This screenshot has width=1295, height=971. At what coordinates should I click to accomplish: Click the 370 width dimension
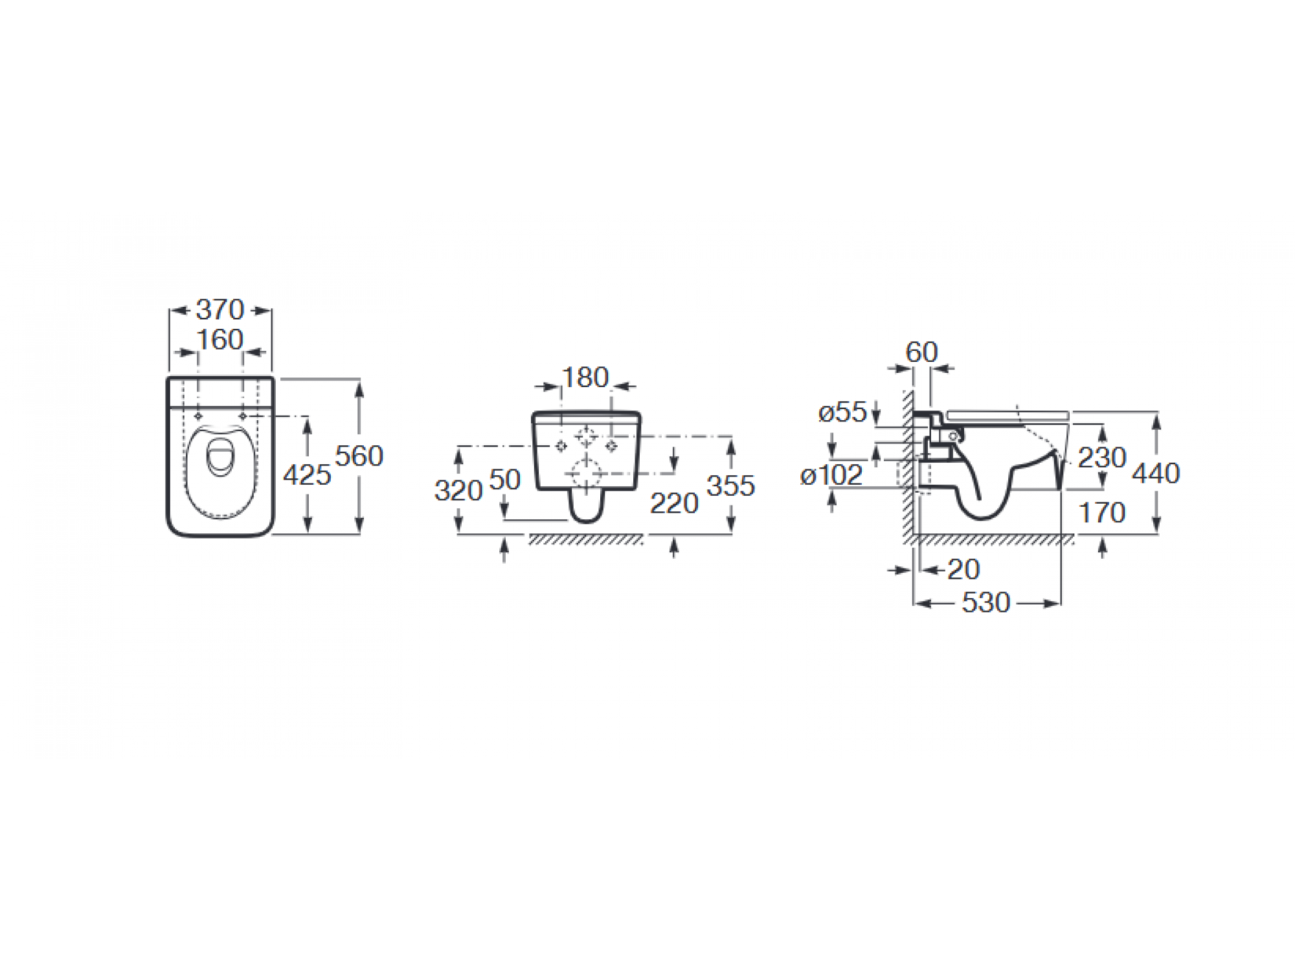pyautogui.click(x=220, y=309)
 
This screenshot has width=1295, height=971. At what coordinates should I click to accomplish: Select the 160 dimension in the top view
pyautogui.click(x=220, y=340)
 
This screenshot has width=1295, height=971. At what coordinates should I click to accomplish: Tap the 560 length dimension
pyautogui.click(x=359, y=456)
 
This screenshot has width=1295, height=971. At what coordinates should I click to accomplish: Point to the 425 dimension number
pyautogui.click(x=307, y=476)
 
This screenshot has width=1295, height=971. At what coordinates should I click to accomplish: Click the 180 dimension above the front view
pyautogui.click(x=585, y=377)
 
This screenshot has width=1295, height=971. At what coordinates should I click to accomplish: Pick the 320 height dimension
pyautogui.click(x=458, y=491)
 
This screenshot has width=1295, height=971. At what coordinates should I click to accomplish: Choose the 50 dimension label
pyautogui.click(x=505, y=480)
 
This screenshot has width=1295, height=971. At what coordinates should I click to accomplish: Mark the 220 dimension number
pyautogui.click(x=674, y=504)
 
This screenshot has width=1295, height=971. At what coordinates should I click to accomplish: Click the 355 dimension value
pyautogui.click(x=731, y=486)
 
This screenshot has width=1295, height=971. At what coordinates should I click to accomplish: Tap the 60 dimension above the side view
pyautogui.click(x=921, y=352)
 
